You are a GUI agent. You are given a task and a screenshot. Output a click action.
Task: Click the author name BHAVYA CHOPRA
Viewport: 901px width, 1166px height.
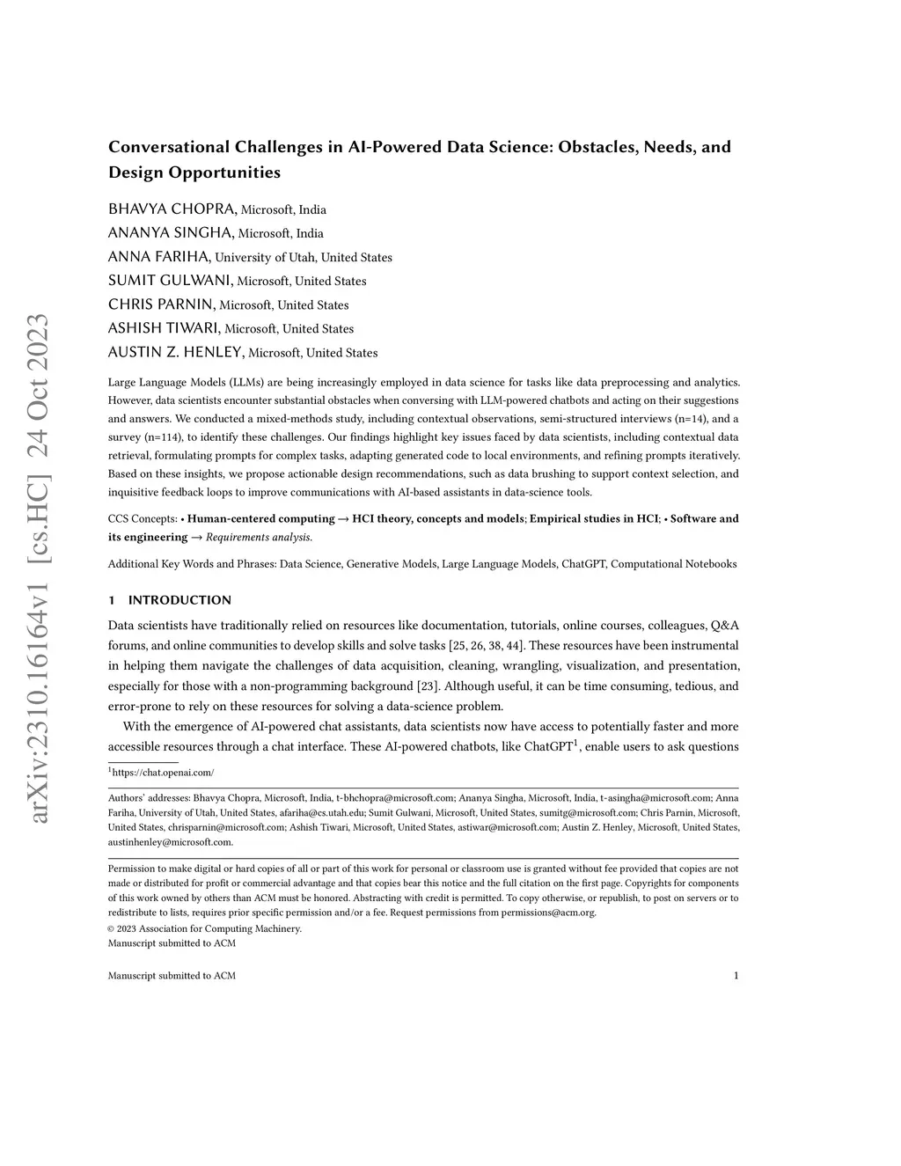coord(172,209)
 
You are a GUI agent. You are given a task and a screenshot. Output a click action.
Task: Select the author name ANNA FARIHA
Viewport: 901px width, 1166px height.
coord(159,257)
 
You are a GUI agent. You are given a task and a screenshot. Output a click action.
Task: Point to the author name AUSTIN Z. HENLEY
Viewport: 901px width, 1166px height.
coord(176,352)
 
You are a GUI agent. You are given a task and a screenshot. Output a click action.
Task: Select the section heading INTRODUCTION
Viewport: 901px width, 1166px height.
coord(179,600)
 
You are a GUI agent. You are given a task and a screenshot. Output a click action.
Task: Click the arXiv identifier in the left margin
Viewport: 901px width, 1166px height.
coord(40,568)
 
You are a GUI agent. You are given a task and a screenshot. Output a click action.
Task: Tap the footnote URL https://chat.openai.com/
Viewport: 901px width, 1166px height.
coord(163,773)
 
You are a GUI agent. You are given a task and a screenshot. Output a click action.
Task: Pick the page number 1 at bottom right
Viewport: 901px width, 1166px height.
coord(736,976)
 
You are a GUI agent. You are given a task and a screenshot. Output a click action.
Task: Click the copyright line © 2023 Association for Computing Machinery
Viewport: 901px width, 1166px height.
coord(204,928)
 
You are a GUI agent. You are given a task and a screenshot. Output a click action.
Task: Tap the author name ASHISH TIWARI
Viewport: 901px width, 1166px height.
coord(165,328)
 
